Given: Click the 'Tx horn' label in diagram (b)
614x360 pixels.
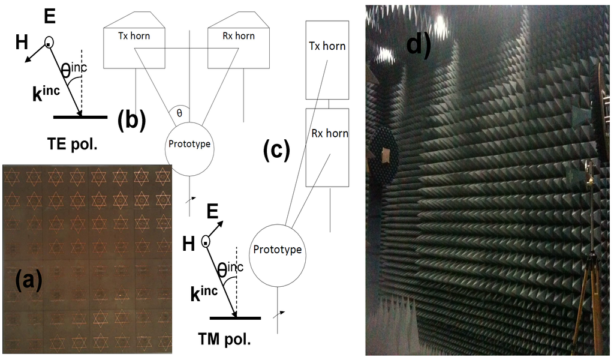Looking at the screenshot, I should point(134,36).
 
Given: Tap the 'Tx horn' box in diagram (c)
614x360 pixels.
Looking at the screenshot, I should point(327,60).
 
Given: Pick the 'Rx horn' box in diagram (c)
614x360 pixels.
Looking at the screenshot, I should point(327,147).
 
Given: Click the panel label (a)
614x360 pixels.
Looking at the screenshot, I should point(22,280).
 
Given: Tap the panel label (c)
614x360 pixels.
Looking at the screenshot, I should point(276,150).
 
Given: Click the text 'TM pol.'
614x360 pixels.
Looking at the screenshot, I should point(224,340).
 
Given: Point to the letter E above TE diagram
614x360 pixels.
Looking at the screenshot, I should point(50,16).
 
